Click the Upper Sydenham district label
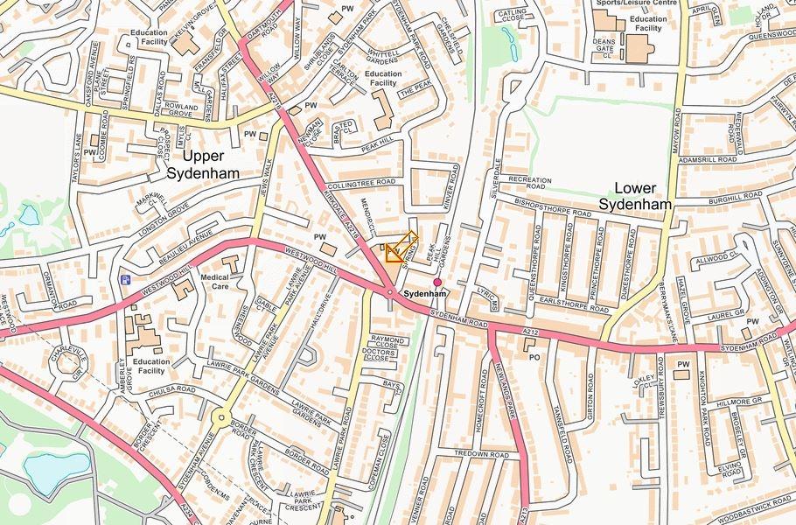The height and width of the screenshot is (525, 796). click(212, 164)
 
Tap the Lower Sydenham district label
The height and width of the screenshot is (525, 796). click(635, 196)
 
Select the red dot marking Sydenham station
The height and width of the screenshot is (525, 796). click(437, 282)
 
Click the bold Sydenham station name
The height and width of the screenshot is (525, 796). click(425, 295)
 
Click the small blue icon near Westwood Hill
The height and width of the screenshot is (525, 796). click(126, 280)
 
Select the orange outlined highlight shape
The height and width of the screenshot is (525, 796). click(400, 247)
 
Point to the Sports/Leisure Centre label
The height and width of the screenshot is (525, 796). click(637, 3)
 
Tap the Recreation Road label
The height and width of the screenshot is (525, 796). click(530, 183)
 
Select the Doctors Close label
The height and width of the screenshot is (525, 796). click(376, 353)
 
